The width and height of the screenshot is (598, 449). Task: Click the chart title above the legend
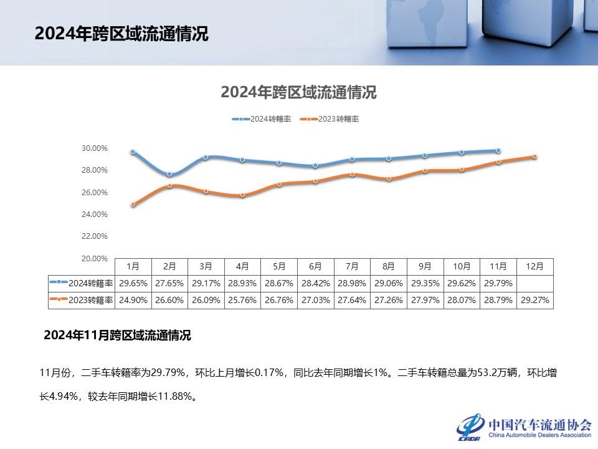[298, 93]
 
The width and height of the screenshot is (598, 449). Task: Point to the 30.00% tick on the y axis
[95, 148]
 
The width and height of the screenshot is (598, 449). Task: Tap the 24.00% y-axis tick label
[95, 215]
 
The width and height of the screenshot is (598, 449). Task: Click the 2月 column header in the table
[169, 266]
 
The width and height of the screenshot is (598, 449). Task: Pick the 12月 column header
[535, 266]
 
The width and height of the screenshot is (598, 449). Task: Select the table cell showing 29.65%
[133, 283]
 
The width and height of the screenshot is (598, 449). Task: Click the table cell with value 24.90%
[133, 300]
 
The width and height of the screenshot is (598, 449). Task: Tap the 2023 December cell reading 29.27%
[535, 300]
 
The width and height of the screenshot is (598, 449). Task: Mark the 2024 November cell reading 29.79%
[498, 283]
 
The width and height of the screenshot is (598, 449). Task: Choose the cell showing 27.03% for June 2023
[316, 300]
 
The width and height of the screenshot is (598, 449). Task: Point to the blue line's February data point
[169, 174]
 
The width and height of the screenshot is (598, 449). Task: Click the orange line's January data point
[133, 204]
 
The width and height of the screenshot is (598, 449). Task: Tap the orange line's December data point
[535, 157]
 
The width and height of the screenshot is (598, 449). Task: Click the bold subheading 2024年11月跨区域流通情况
[117, 336]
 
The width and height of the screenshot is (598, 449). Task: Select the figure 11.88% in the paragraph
[174, 396]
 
